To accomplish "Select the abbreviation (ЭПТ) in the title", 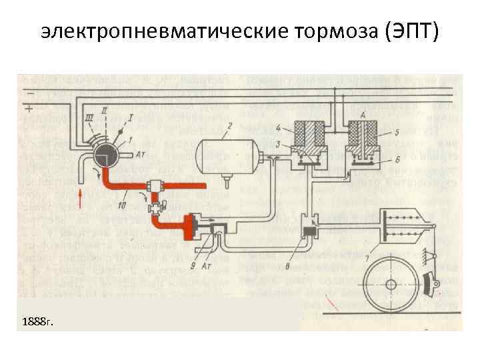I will tap(413, 31).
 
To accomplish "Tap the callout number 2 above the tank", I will tap(229, 125).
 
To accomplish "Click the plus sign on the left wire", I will tap(30, 107).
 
